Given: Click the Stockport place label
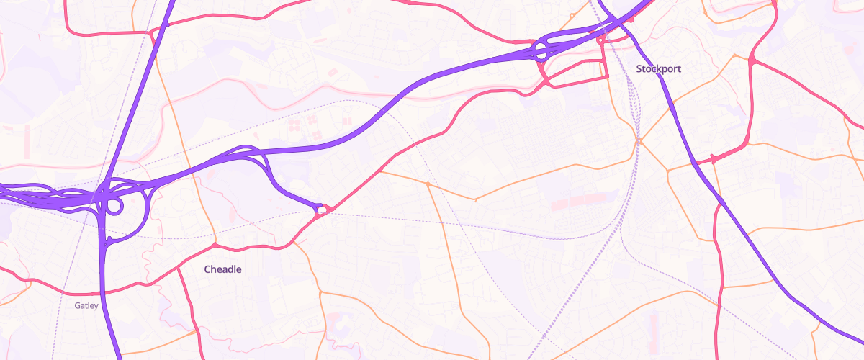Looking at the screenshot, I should coord(658,68).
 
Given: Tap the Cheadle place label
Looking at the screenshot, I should coord(222,269).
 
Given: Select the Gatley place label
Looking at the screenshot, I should coord(86,305).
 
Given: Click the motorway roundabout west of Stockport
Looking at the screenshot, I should coord(540,51).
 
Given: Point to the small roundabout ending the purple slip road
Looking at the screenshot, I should coord(321,210).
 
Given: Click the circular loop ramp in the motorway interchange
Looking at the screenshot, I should coord(113,206).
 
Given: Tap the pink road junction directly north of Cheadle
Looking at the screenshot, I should coord(215,246).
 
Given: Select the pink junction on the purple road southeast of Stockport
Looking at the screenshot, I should coord(713,159).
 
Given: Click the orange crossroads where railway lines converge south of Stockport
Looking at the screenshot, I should coord(638,140).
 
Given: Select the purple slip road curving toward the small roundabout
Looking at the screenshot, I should coord(281,180).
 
